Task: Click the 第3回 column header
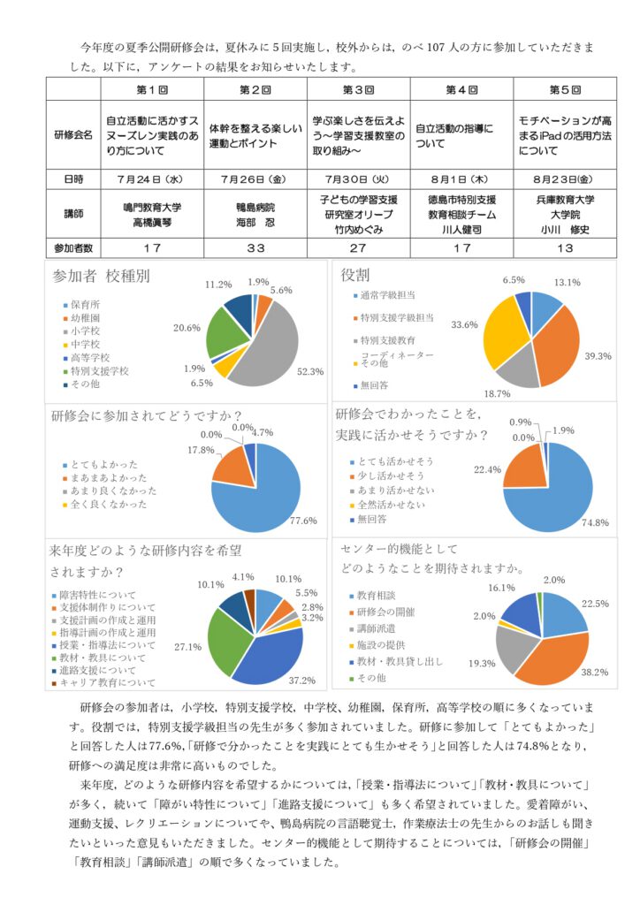pyautogui.click(x=359, y=90)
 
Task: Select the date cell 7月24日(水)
pyautogui.click(x=151, y=179)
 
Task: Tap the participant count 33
pyautogui.click(x=255, y=247)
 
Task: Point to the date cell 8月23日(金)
pyautogui.click(x=566, y=179)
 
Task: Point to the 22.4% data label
pyautogui.click(x=488, y=469)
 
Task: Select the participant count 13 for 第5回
pyautogui.click(x=566, y=247)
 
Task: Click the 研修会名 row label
pyautogui.click(x=73, y=135)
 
